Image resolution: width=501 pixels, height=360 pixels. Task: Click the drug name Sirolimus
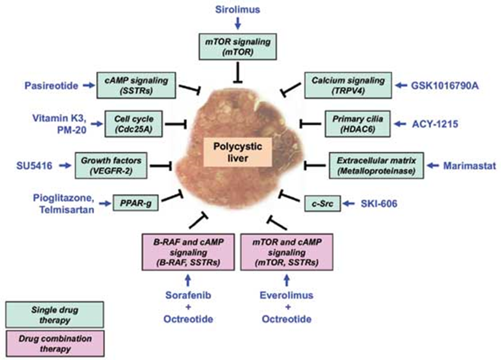pos(238,10)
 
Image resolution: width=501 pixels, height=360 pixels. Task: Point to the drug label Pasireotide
pos(51,86)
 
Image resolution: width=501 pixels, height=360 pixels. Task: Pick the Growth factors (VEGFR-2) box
pos(112,165)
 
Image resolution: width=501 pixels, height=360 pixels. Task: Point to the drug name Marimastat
pos(465,165)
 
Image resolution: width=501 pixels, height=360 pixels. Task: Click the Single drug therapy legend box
pos(53,313)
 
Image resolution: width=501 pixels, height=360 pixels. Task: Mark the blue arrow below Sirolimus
pos(238,23)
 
